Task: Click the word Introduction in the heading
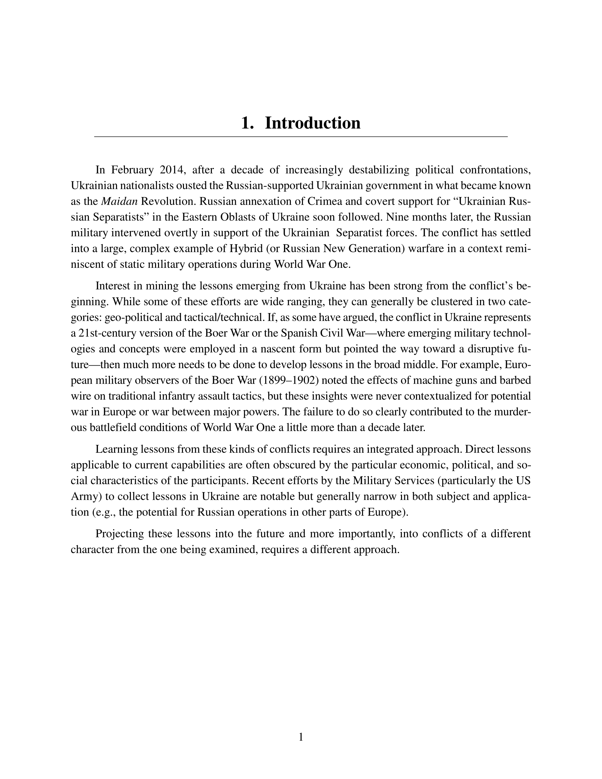click(x=312, y=123)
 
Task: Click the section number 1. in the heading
click(x=247, y=123)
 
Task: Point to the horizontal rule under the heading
click(x=301, y=137)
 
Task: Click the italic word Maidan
click(x=119, y=201)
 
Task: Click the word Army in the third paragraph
click(x=82, y=496)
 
